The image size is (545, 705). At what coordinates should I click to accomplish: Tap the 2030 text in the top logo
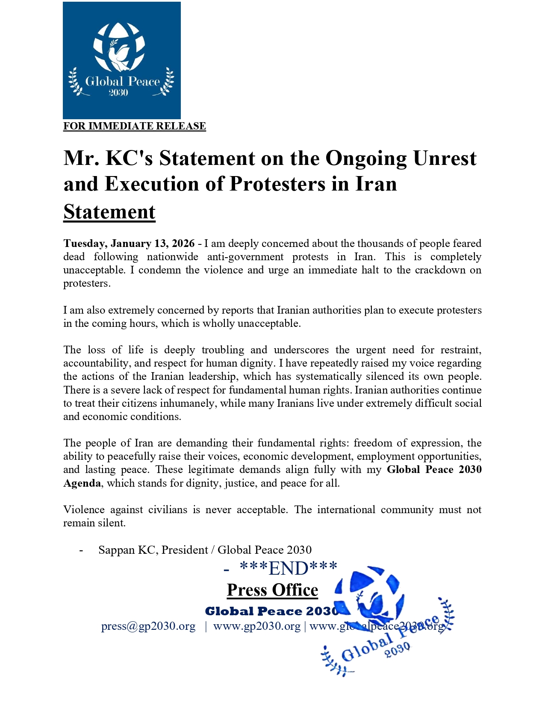(118, 92)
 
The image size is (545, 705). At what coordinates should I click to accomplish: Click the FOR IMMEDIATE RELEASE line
(135, 126)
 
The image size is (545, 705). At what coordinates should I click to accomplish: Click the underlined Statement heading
(109, 212)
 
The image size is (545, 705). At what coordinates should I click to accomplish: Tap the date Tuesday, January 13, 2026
(129, 244)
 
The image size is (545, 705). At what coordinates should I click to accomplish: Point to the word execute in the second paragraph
(416, 310)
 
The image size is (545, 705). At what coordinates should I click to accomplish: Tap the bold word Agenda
(82, 483)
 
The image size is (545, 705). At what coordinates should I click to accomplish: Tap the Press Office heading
(272, 590)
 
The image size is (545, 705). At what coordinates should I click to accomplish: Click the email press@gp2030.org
(148, 626)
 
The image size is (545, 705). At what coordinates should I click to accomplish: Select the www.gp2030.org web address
(256, 626)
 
